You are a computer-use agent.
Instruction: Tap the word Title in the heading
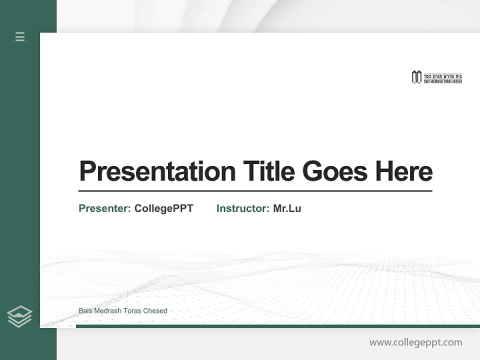[x=269, y=171]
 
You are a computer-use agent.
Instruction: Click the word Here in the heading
[x=403, y=171]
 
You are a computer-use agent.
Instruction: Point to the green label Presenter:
[x=105, y=208]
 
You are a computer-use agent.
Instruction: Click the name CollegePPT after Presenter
[x=163, y=208]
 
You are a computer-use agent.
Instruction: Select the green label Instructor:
[x=243, y=208]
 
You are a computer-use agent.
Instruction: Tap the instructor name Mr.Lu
[x=287, y=208]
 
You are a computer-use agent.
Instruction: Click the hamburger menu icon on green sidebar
[x=20, y=36]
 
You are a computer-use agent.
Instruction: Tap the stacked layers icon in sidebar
[x=19, y=316]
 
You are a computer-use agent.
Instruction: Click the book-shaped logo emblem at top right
[x=416, y=77]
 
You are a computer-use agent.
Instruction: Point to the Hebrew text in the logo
[x=443, y=75]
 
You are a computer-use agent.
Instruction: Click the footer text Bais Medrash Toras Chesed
[x=123, y=311]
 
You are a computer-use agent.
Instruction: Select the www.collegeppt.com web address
[x=415, y=342]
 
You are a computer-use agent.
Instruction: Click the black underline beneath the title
[x=255, y=191]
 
